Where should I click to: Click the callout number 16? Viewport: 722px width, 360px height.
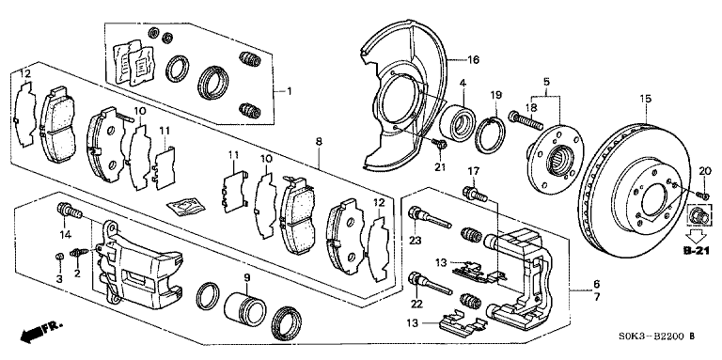coord(474,59)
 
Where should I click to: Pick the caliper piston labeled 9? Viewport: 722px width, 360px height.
coord(245,309)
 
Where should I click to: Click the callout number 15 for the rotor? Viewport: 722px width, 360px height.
coord(646,99)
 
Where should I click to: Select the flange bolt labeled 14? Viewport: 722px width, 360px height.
coord(70,211)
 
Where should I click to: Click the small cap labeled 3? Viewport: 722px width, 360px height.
coord(59,256)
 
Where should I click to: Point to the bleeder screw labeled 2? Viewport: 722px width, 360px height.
coord(79,253)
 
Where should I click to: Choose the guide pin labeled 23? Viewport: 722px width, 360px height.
coord(431,218)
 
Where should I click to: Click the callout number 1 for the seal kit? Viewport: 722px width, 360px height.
coord(290,91)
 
